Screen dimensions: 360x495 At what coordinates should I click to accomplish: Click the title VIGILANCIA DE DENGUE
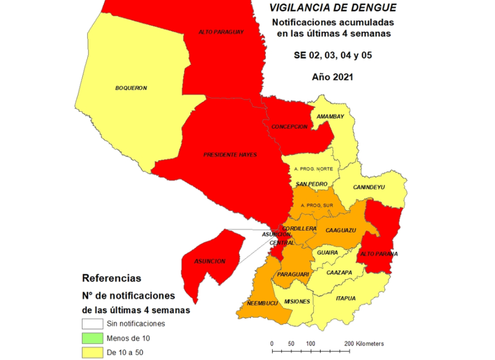(x=333, y=7)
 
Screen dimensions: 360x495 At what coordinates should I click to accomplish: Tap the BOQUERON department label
(x=131, y=88)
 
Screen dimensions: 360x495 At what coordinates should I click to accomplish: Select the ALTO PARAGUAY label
(x=221, y=32)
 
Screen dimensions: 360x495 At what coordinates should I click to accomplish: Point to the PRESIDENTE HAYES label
(x=230, y=155)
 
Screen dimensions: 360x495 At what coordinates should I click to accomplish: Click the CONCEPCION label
(x=289, y=126)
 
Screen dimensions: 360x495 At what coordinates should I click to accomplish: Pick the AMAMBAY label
(x=330, y=116)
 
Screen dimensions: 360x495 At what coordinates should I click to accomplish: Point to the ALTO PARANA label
(x=379, y=254)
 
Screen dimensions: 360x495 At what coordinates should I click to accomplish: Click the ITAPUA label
(x=345, y=298)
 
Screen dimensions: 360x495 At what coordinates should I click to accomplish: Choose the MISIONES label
(x=297, y=301)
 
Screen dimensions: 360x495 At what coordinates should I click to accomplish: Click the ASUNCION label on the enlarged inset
(x=210, y=261)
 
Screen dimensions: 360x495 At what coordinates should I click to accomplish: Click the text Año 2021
(x=332, y=77)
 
